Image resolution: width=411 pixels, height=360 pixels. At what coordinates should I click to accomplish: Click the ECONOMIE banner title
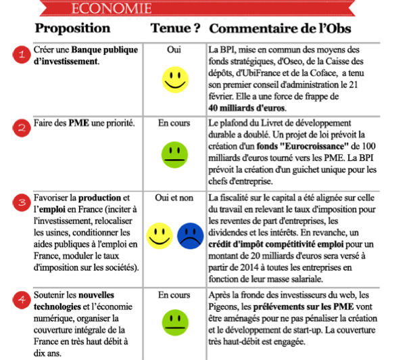pyautogui.click(x=111, y=8)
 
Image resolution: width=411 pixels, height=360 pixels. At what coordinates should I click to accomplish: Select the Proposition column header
pyautogui.click(x=72, y=28)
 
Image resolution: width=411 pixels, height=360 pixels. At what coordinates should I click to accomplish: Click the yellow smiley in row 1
pyautogui.click(x=174, y=80)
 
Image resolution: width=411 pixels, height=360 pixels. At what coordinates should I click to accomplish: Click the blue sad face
pyautogui.click(x=190, y=236)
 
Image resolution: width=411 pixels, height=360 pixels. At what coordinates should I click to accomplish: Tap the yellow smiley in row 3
pyautogui.click(x=160, y=236)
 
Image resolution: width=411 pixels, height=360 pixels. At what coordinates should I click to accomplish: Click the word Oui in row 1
pyautogui.click(x=174, y=49)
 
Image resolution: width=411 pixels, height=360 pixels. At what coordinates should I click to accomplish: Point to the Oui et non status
pyautogui.click(x=174, y=197)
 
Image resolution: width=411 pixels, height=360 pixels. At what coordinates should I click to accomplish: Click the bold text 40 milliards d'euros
pyautogui.click(x=248, y=107)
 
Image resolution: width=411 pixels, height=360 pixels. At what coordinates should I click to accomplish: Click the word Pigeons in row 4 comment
pyautogui.click(x=226, y=307)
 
